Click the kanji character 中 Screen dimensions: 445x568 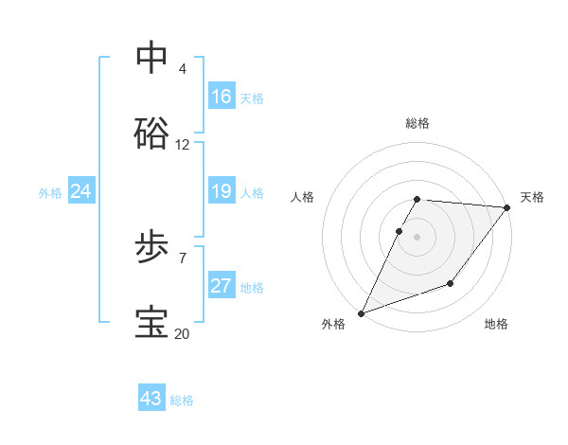pyautogui.click(x=151, y=58)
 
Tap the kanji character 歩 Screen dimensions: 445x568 pyautogui.click(x=151, y=248)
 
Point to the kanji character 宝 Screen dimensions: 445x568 pyautogui.click(x=151, y=323)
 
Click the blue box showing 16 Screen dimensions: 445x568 pyautogui.click(x=222, y=97)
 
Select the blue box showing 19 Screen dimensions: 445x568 pyautogui.click(x=222, y=191)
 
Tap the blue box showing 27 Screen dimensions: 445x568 pyautogui.click(x=222, y=286)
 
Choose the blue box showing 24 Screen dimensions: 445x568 pyautogui.click(x=81, y=191)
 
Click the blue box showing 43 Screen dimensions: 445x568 pyautogui.click(x=151, y=398)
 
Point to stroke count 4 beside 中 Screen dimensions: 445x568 pyautogui.click(x=183, y=69)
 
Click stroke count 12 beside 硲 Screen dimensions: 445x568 pyautogui.click(x=183, y=145)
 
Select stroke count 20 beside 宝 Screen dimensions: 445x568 pyautogui.click(x=183, y=333)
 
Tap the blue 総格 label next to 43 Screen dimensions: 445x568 pyautogui.click(x=183, y=400)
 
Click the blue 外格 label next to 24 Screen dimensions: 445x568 pyautogui.click(x=50, y=193)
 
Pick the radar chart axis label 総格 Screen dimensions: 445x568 pyautogui.click(x=417, y=123)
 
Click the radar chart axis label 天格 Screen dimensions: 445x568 pyautogui.click(x=532, y=197)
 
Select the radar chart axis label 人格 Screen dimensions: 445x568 pyautogui.click(x=303, y=197)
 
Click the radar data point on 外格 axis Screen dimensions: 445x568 pyautogui.click(x=362, y=312)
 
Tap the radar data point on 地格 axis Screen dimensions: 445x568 pyautogui.click(x=452, y=283)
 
